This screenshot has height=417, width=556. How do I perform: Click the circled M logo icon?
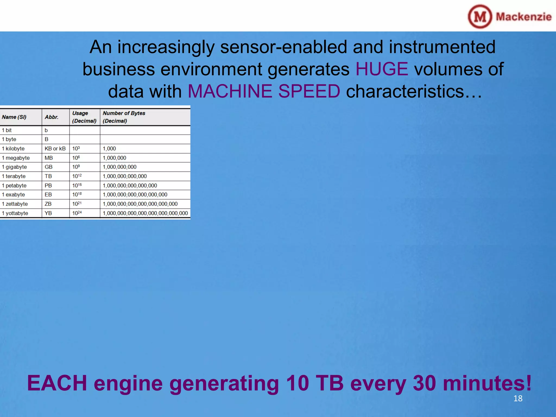click(480, 17)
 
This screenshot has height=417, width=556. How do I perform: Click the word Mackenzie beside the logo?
click(523, 17)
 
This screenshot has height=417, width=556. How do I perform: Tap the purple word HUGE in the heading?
click(381, 69)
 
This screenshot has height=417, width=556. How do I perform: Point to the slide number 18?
click(518, 398)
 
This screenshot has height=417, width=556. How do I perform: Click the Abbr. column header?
click(52, 117)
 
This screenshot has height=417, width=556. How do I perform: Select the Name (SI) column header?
click(14, 117)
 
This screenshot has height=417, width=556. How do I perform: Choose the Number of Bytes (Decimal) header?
click(124, 117)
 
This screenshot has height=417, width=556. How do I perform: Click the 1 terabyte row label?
click(14, 176)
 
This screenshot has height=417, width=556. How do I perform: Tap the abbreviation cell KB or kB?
click(55, 149)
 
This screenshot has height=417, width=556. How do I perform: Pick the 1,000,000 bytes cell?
click(114, 158)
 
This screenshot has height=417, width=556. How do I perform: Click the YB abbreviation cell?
click(48, 213)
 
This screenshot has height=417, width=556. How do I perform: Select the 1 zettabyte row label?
click(15, 204)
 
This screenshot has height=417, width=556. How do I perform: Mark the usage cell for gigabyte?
click(76, 167)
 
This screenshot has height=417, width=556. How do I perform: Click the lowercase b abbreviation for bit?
click(46, 130)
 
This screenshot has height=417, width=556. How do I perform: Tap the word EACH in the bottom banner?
click(57, 383)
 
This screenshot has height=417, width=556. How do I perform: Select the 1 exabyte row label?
click(14, 195)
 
